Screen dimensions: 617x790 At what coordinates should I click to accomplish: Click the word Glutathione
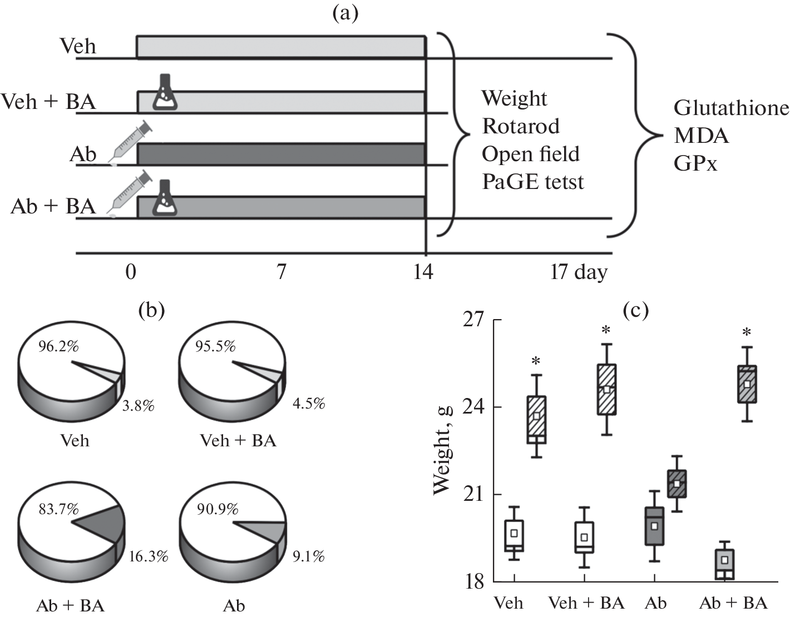coord(731,108)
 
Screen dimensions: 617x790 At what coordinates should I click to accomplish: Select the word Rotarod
coord(521,126)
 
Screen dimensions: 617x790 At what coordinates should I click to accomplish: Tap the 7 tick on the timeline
coord(282,272)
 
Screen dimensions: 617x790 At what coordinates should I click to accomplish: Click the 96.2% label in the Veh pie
coord(58,346)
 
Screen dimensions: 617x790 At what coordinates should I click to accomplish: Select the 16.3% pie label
coord(148,556)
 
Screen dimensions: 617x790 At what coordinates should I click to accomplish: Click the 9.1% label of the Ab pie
coord(308,556)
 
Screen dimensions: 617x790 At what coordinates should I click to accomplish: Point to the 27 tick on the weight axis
coord(473,320)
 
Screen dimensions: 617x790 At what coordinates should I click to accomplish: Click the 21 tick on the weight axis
coord(473,494)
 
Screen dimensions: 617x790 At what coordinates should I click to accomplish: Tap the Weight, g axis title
coord(442,450)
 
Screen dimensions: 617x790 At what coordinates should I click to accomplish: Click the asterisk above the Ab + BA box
coord(747,332)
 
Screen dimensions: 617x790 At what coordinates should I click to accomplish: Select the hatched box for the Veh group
coord(536,420)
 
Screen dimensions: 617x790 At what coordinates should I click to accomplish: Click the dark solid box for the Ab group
coord(654,526)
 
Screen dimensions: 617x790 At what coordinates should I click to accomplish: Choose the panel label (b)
coord(151,310)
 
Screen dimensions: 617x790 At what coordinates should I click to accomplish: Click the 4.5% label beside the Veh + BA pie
coord(309,403)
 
